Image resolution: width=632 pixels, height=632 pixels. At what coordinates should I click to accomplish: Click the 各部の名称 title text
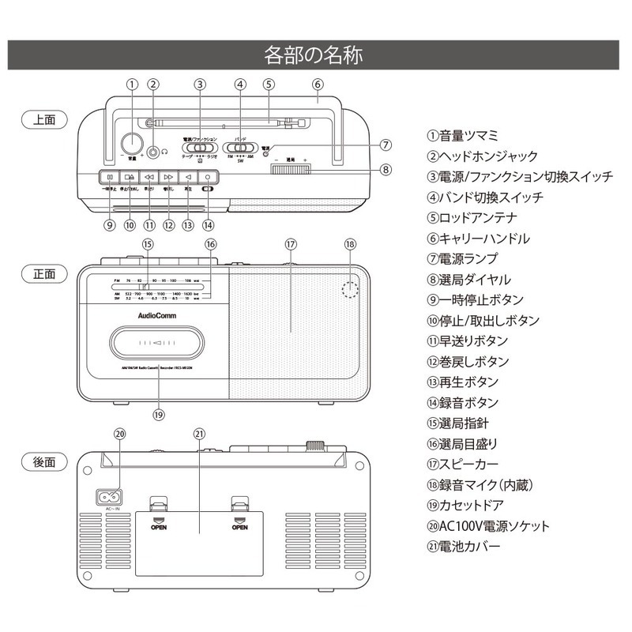(315, 55)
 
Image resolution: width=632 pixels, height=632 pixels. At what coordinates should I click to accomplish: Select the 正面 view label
(44, 274)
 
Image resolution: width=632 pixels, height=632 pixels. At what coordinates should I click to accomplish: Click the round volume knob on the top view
(131, 143)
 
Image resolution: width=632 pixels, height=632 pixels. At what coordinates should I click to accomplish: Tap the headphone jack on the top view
(153, 149)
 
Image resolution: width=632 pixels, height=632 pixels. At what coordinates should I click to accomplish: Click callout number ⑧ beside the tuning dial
(386, 169)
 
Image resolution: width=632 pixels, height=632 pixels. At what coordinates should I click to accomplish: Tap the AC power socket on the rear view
(108, 498)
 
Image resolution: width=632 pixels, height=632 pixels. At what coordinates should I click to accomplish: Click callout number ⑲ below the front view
(158, 413)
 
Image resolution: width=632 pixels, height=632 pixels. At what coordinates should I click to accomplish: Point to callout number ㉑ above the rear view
(198, 434)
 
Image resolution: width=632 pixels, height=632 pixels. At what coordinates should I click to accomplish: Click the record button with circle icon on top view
(208, 178)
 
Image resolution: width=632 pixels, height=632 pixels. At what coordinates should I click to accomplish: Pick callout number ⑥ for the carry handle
(317, 85)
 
